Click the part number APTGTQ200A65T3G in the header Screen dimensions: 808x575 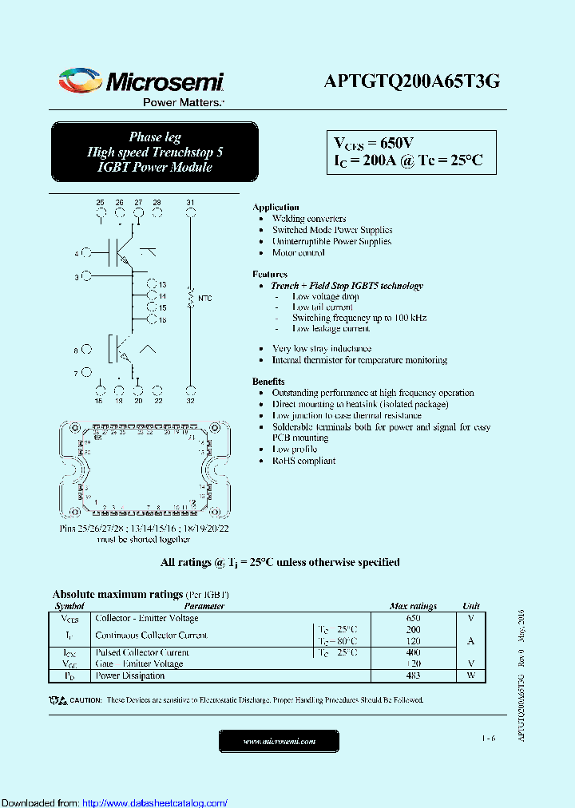pyautogui.click(x=412, y=81)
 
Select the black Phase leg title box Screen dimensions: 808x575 pyautogui.click(x=154, y=152)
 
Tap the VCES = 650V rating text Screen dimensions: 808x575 pyautogui.click(x=373, y=143)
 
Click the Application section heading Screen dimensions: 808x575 pyautogui.click(x=276, y=207)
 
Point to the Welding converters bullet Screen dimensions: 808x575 pyautogui.click(x=308, y=219)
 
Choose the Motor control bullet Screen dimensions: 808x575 pyautogui.click(x=298, y=252)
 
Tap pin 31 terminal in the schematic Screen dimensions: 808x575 pyautogui.click(x=190, y=213)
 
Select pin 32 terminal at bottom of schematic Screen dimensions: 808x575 pyautogui.click(x=190, y=390)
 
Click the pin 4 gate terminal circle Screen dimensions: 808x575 pyautogui.click(x=85, y=254)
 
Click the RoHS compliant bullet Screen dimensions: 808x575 pyautogui.click(x=303, y=461)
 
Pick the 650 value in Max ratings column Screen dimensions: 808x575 pyautogui.click(x=413, y=618)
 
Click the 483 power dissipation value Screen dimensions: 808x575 pyautogui.click(x=413, y=675)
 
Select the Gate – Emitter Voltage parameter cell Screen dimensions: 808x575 pyautogui.click(x=139, y=663)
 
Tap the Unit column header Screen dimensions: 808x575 pyautogui.click(x=471, y=606)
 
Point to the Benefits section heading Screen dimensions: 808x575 pyautogui.click(x=268, y=382)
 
